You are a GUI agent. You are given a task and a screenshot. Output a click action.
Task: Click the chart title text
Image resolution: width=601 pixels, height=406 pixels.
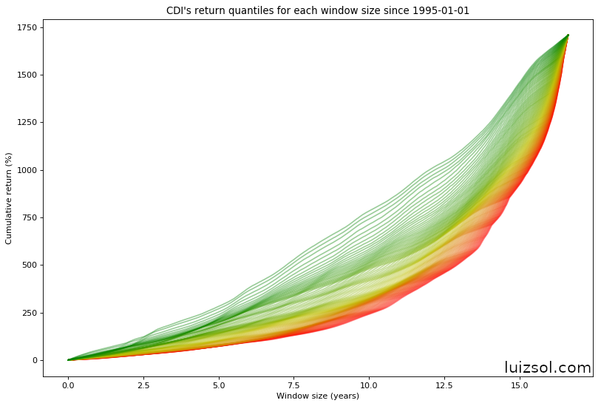coord(318,11)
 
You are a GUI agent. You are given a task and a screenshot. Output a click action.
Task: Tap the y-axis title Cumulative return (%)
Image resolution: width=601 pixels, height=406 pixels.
coord(10,197)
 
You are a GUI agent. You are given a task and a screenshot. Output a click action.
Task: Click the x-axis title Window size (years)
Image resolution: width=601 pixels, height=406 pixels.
coord(318,396)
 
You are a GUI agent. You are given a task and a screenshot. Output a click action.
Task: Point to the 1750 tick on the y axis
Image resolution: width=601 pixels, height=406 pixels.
coord(27,27)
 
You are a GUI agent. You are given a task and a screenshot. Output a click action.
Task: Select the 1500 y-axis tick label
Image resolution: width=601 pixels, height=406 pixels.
coord(27,75)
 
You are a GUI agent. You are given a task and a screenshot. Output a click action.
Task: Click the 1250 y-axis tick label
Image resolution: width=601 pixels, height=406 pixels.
coord(27,123)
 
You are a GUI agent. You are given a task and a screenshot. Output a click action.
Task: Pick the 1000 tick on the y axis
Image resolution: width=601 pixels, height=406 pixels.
coord(27,170)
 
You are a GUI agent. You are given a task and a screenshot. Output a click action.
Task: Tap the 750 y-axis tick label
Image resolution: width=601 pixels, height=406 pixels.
coord(29,217)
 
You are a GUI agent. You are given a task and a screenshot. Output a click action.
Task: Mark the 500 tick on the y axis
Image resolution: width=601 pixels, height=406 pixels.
coord(29,265)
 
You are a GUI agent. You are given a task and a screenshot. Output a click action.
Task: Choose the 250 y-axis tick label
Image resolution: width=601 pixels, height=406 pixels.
coord(29,313)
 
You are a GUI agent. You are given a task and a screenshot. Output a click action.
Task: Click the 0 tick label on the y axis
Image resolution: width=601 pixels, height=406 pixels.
coord(33,360)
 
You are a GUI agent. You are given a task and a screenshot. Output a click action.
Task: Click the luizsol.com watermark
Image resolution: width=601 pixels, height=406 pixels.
coord(547,368)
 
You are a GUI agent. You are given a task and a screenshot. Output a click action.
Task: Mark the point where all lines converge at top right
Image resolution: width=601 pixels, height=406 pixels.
coord(568,35)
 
